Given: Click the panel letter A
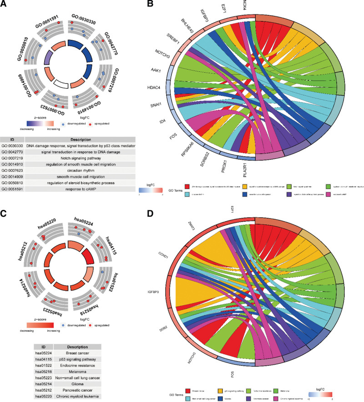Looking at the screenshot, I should pos(4,5).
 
